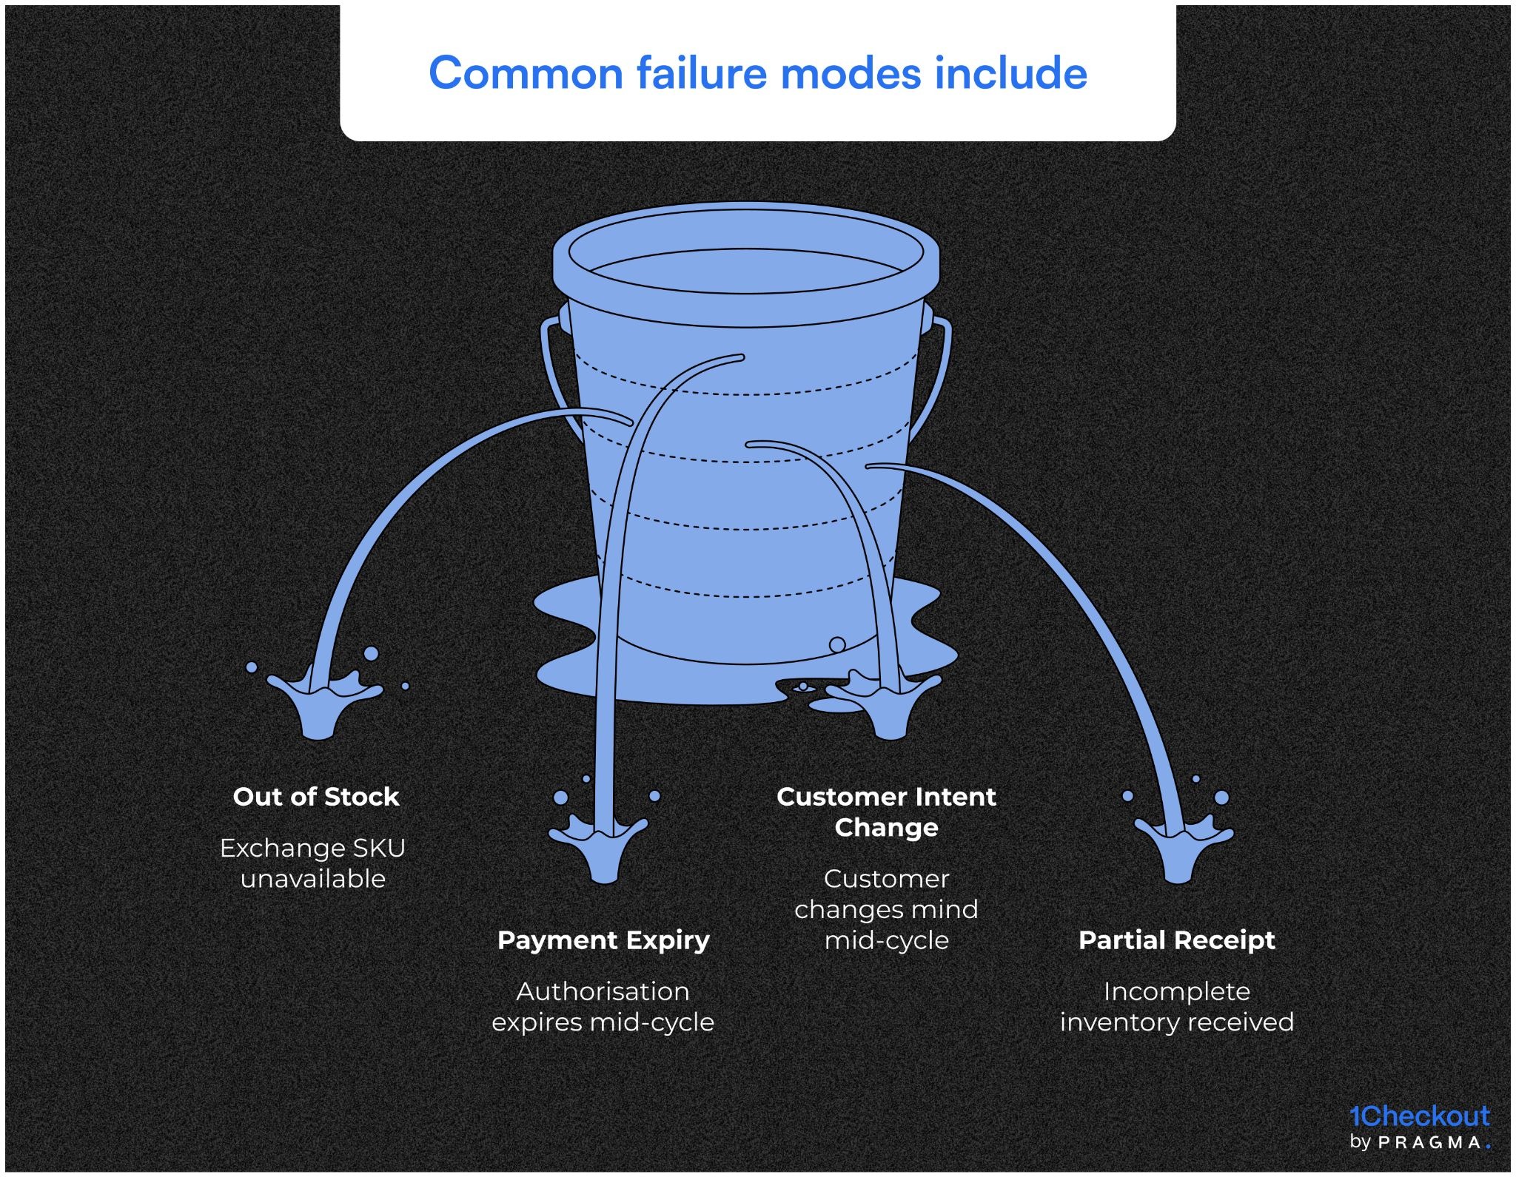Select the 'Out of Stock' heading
coord(316,797)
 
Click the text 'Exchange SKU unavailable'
coord(312,863)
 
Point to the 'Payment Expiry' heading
coord(603,940)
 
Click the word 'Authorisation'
coord(603,991)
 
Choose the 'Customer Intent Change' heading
coord(886,812)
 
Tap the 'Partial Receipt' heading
coord(1176,940)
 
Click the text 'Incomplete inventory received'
coord(1176,1007)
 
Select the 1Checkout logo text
coord(1419,1116)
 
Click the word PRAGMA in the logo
coord(1429,1143)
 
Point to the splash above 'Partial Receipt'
coord(1181,847)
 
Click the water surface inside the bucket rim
coord(746,271)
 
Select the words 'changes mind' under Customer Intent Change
coord(886,909)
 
